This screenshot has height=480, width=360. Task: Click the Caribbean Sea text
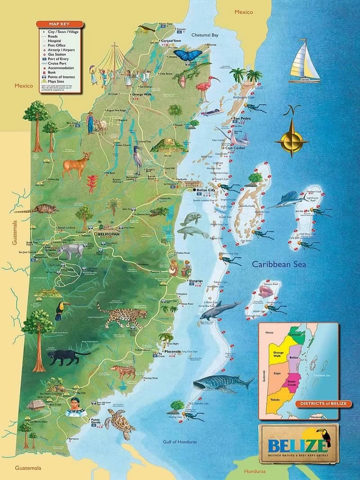pyautogui.click(x=279, y=265)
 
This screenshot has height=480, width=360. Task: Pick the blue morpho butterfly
pyautogui.click(x=188, y=55)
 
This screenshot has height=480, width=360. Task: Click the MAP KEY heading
pyautogui.click(x=60, y=24)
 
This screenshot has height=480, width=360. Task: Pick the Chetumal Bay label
pyautogui.click(x=205, y=35)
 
